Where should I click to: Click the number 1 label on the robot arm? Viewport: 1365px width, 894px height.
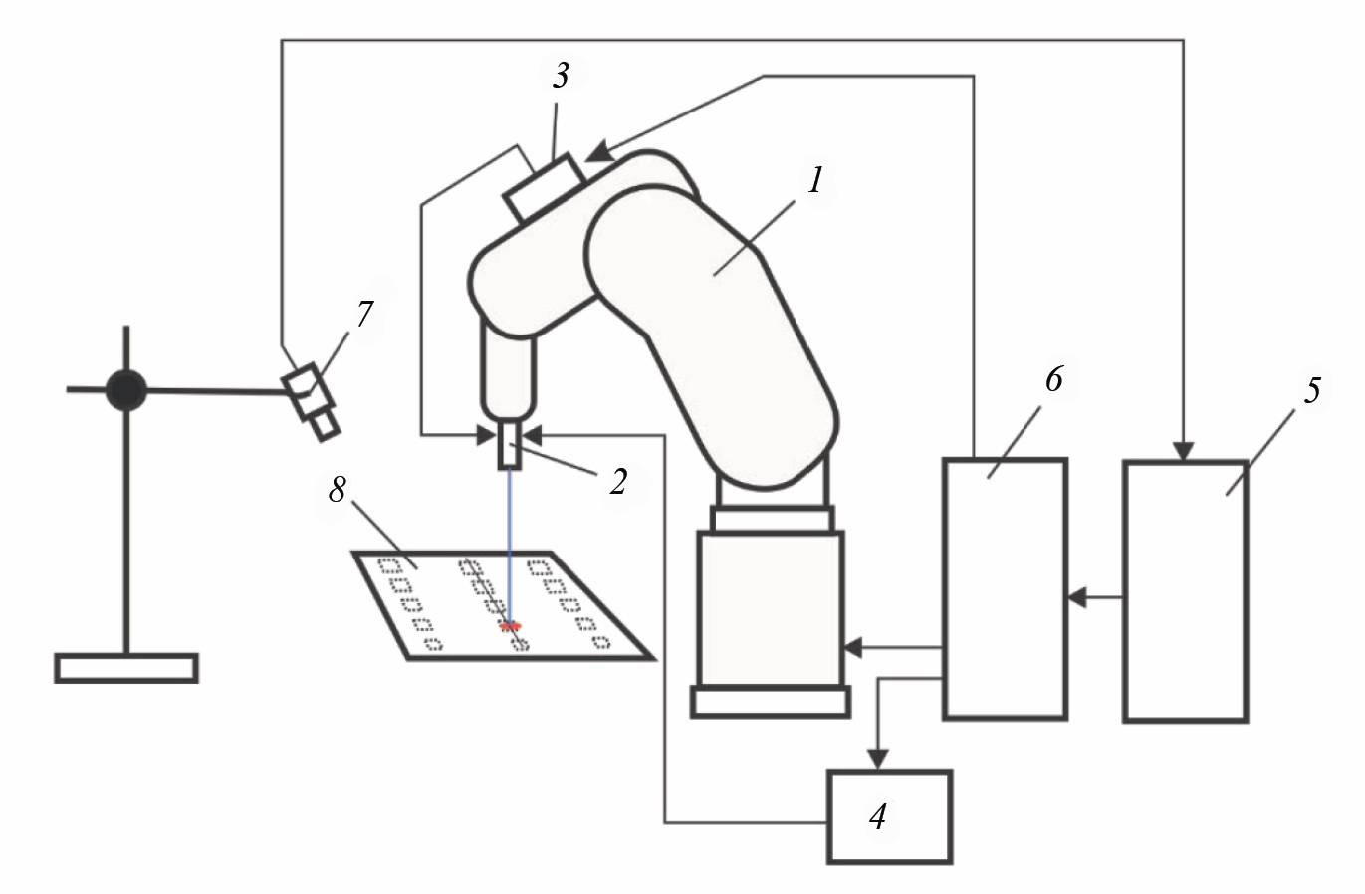tap(816, 182)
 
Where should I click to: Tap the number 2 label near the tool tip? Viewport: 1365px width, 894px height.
tap(618, 484)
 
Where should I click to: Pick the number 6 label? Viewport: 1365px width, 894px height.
tap(1054, 380)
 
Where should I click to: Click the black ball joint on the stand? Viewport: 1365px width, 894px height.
tap(126, 390)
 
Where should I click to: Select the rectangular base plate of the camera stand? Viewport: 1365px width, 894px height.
tap(126, 667)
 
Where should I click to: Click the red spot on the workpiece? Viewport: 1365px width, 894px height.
tap(511, 626)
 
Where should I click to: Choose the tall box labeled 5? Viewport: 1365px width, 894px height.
tap(1185, 589)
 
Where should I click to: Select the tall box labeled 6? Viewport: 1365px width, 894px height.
tap(1004, 587)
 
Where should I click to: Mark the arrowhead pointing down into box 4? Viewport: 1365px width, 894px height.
tap(877, 760)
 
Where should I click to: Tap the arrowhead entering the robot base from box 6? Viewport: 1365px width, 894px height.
tap(852, 648)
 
